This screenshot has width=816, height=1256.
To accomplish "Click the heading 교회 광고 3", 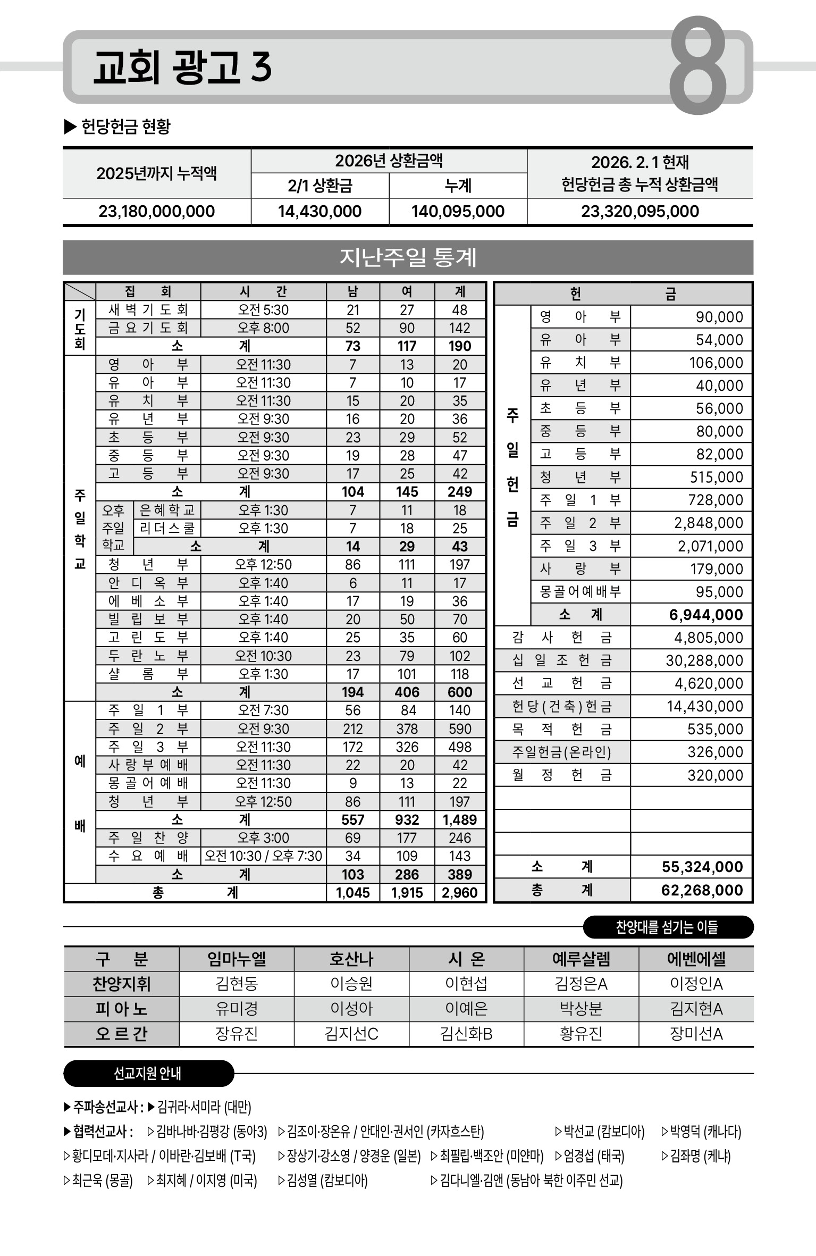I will tap(182, 68).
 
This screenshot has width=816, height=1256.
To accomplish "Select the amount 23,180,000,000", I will tap(157, 212).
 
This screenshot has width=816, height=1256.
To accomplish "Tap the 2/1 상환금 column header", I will tap(319, 186).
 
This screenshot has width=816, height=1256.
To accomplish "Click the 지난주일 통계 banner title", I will tap(408, 257).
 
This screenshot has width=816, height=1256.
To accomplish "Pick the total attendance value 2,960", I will tap(459, 893).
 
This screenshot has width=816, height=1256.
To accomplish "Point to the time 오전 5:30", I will tap(263, 310).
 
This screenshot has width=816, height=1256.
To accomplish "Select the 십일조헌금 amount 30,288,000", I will tap(704, 660).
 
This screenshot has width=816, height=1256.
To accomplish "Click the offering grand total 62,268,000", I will tap(702, 890).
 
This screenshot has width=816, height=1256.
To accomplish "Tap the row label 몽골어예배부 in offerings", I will tap(580, 592).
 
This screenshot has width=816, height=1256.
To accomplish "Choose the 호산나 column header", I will tap(351, 959).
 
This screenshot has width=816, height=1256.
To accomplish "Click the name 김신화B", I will tap(466, 1034).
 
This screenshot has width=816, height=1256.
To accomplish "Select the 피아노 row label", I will tap(122, 1009).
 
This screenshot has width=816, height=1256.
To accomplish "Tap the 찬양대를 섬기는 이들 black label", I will tap(667, 927).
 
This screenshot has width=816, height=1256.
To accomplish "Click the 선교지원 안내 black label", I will tap(148, 1074).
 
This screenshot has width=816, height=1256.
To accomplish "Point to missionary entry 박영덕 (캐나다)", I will tap(702, 1132).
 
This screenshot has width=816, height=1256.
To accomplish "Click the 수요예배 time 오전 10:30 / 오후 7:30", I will tap(263, 856).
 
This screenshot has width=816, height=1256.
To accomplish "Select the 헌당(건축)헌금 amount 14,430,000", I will tap(704, 706).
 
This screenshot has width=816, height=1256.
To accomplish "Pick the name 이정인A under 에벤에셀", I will tap(696, 984).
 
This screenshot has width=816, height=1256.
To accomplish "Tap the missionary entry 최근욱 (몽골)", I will tap(98, 1181).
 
